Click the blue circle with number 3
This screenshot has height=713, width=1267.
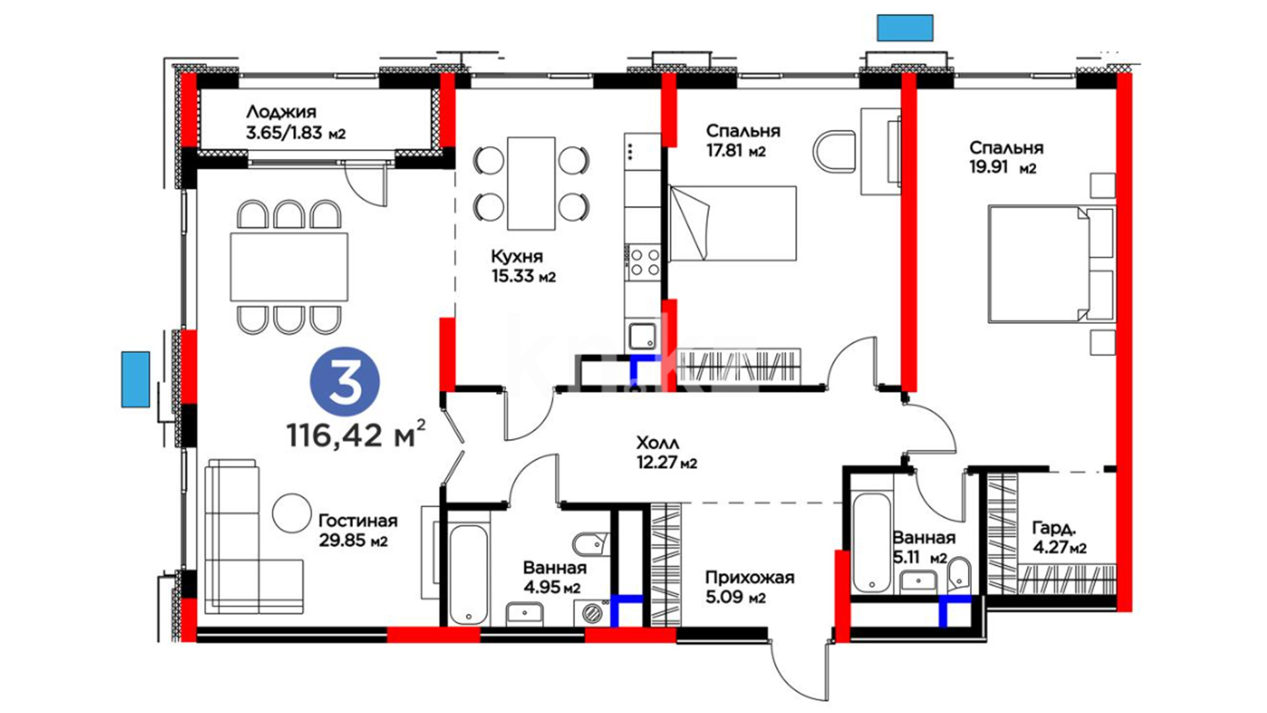tap(345, 382)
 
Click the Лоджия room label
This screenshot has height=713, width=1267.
tap(281, 112)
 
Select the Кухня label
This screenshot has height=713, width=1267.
tap(517, 256)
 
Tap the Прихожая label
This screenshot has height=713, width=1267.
tap(750, 578)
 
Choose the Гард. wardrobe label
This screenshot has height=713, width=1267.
tap(1054, 528)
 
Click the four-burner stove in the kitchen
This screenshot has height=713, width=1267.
tap(645, 261)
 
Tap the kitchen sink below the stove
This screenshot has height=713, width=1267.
tap(642, 336)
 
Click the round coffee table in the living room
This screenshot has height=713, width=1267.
tap(291, 513)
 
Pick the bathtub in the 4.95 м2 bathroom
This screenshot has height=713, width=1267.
tap(469, 574)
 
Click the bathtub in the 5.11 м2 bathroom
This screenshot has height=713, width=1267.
tap(871, 543)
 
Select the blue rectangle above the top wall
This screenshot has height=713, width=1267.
tap(905, 28)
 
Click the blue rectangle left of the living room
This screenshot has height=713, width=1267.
tap(135, 379)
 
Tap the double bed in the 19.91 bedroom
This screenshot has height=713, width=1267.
tap(1051, 264)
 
